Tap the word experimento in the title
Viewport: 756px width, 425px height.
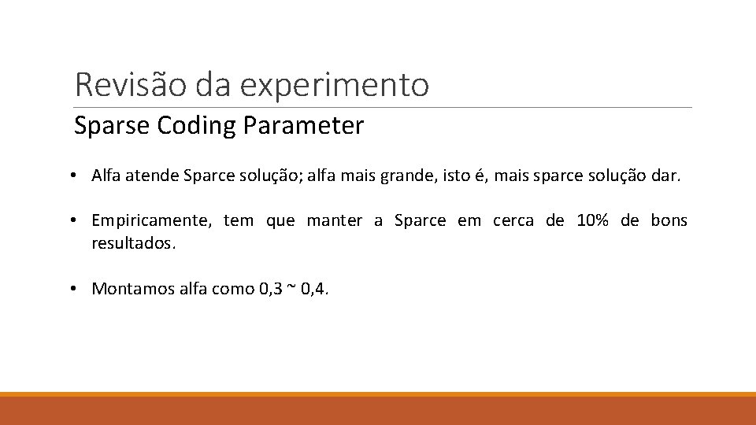click(x=334, y=86)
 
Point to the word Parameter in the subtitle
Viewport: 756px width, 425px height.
click(x=304, y=126)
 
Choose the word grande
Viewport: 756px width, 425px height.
click(x=406, y=176)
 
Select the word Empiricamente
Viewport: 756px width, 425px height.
click(x=150, y=221)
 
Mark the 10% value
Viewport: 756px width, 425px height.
click(x=591, y=220)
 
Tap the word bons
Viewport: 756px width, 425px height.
click(x=669, y=220)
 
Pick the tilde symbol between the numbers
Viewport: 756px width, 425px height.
click(x=291, y=287)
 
